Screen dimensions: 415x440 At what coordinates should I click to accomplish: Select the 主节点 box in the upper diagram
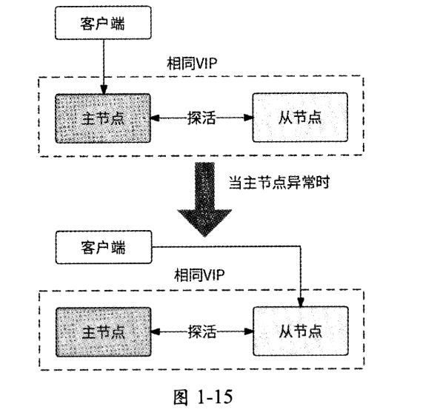[103, 118]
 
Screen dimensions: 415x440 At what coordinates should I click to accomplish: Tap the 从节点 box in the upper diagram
[299, 118]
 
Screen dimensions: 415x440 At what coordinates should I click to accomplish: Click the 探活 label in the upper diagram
[201, 118]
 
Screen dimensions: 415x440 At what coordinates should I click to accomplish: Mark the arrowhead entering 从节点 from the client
[299, 303]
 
